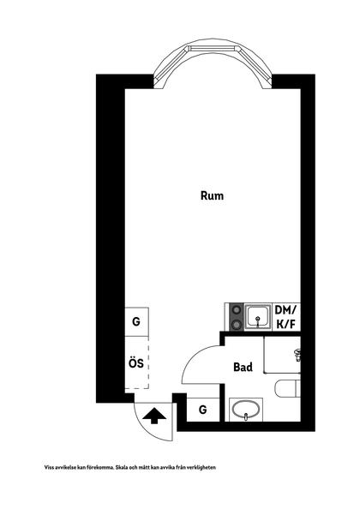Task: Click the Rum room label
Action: pyautogui.click(x=212, y=195)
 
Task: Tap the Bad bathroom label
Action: pyautogui.click(x=243, y=367)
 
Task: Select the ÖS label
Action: pyautogui.click(x=136, y=362)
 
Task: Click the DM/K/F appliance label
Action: pyautogui.click(x=285, y=317)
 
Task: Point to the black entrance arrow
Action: pyautogui.click(x=154, y=416)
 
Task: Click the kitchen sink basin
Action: pyautogui.click(x=258, y=317)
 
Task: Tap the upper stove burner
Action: pyautogui.click(x=237, y=310)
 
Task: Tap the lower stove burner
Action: pyautogui.click(x=237, y=324)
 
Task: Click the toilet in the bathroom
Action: pyautogui.click(x=287, y=388)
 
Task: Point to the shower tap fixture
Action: pyautogui.click(x=297, y=355)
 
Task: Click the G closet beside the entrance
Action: pyautogui.click(x=202, y=410)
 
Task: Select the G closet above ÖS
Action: pyautogui.click(x=136, y=321)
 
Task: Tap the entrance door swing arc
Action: pyautogui.click(x=146, y=428)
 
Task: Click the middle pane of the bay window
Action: pyautogui.click(x=213, y=48)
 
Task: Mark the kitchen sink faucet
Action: pyautogui.click(x=258, y=322)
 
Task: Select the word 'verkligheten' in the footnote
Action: pyautogui.click(x=203, y=468)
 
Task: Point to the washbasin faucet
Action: pyautogui.click(x=246, y=416)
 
